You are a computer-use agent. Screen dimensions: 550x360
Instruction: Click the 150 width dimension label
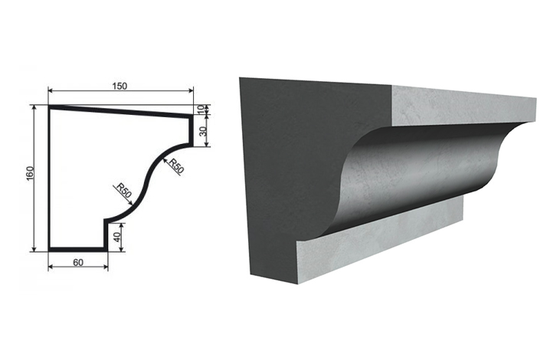click(x=119, y=86)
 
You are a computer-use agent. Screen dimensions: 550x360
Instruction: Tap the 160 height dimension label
click(x=30, y=173)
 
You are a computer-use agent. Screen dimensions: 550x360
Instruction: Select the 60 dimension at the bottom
click(x=78, y=262)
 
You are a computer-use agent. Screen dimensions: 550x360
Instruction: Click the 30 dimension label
click(x=203, y=131)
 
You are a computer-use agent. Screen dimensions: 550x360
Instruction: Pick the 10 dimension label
click(x=201, y=110)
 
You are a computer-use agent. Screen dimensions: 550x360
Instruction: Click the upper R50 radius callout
click(x=175, y=166)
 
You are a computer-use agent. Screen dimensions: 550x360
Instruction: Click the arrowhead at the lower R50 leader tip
click(x=131, y=203)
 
